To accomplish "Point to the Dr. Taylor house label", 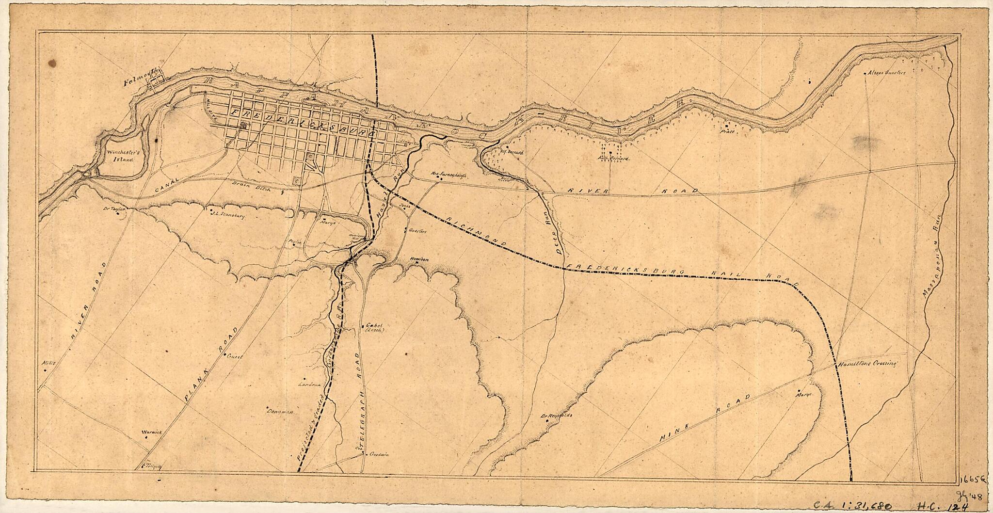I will click(114, 209).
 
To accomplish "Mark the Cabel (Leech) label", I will click(375, 328).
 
